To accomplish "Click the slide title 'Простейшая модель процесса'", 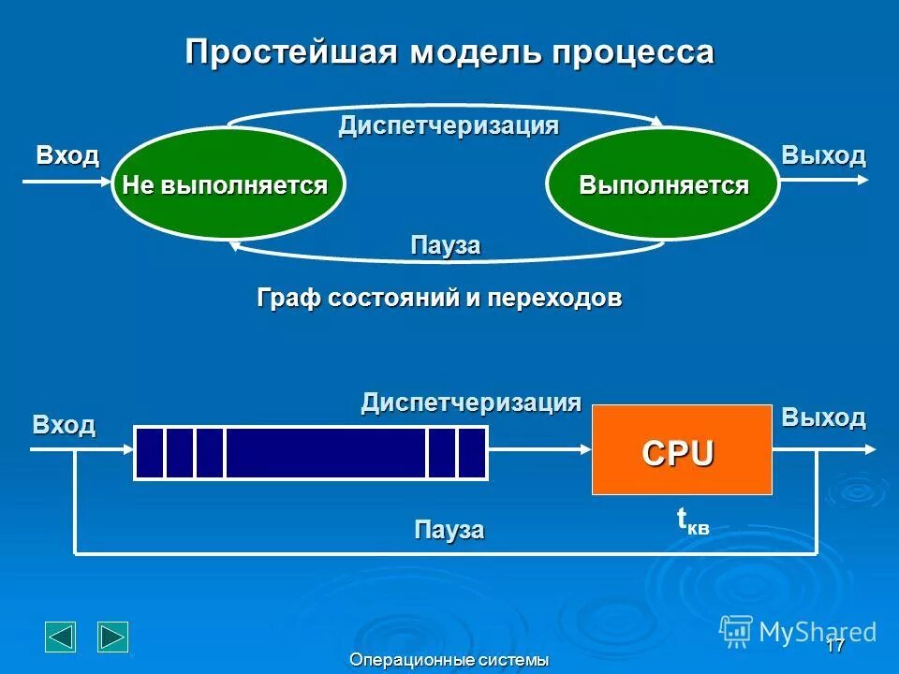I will point(449,51).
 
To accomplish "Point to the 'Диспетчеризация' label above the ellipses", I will point(449,125).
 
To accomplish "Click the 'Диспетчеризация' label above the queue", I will point(471,403).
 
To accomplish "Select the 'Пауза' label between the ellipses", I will point(446,245).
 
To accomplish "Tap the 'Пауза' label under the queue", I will point(449,530).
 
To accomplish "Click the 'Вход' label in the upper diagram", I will point(67,155).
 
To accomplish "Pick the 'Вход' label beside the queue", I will point(64,425).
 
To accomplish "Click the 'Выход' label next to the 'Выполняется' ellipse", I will point(823,155).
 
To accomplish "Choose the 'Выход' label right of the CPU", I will point(823,418).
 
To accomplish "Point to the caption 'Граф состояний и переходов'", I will point(439,299).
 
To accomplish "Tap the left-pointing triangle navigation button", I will point(61,637).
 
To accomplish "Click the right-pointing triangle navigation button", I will point(113,637).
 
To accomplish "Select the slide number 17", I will point(835,646).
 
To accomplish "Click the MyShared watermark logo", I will point(798,632).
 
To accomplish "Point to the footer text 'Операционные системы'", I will point(449,661).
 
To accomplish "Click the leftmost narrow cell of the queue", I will point(150,452).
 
